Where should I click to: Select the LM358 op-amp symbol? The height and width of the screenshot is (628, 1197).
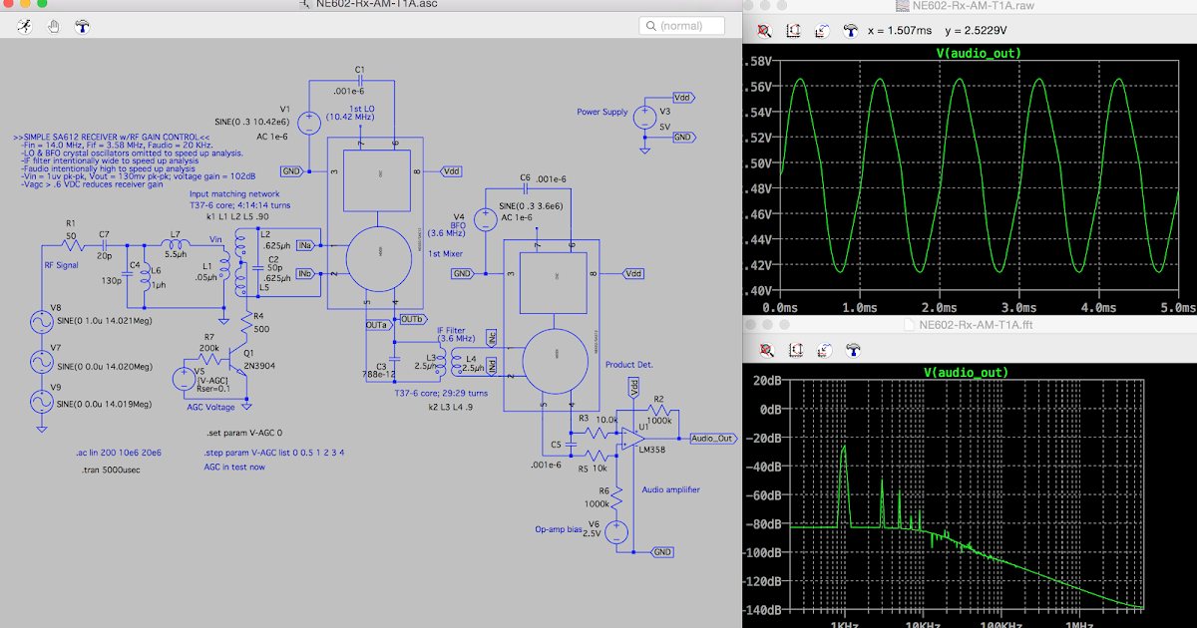[630, 435]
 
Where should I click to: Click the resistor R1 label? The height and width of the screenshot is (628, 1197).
[70, 223]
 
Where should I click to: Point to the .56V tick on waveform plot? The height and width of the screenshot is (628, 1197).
[761, 87]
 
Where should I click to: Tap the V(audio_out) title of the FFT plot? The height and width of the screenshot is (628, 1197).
[964, 372]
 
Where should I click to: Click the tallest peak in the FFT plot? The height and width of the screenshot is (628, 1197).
[844, 449]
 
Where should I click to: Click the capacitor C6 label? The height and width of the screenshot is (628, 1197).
[525, 177]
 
